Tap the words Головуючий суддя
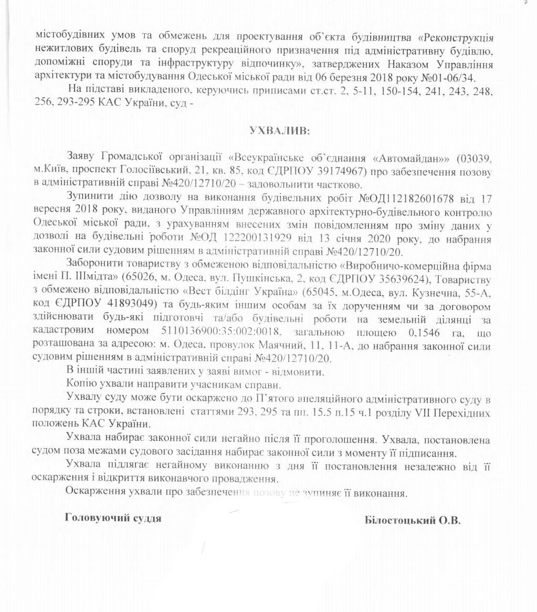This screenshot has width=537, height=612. click(112, 518)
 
